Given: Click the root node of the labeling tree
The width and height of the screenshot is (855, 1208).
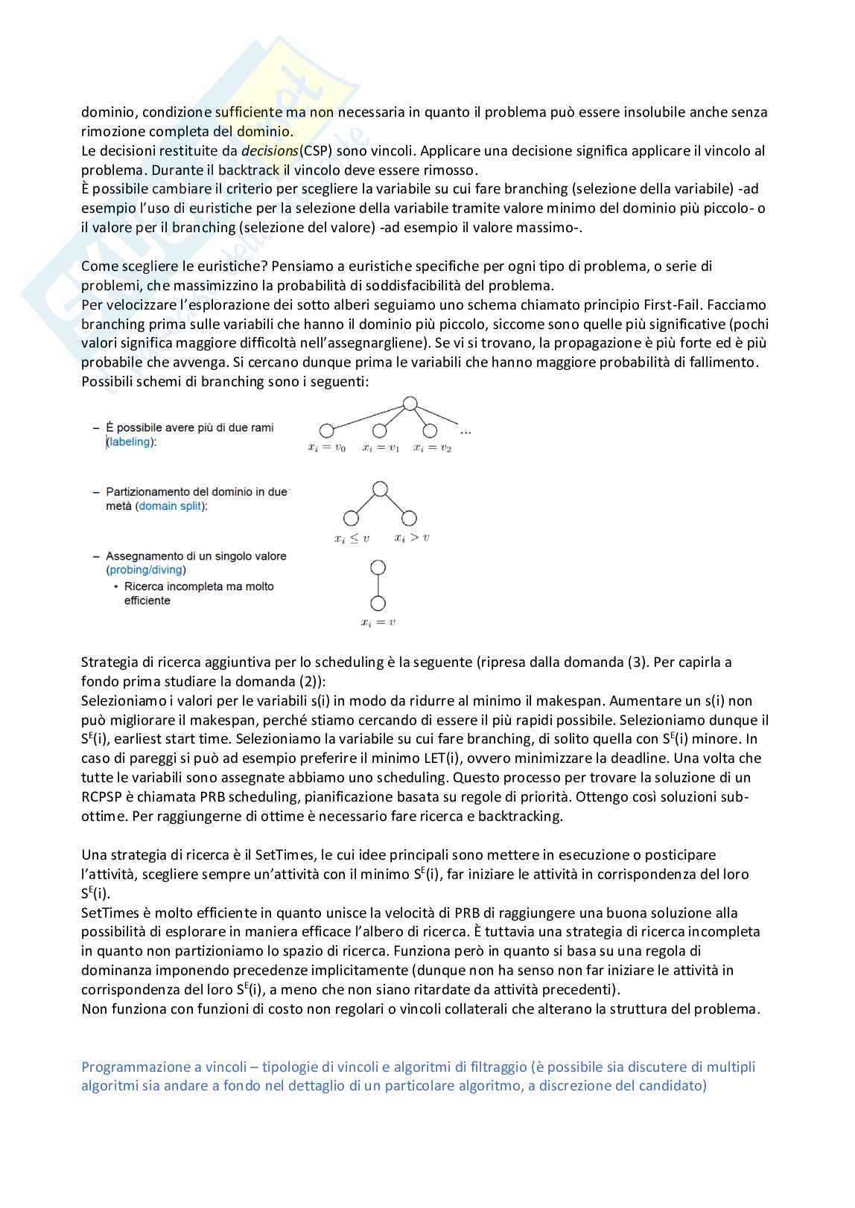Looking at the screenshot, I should [x=410, y=404].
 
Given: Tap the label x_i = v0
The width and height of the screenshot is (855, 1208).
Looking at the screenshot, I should [x=326, y=448].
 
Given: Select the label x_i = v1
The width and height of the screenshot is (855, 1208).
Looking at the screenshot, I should [x=381, y=448].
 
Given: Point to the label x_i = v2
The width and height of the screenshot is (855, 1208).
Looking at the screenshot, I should [x=433, y=448].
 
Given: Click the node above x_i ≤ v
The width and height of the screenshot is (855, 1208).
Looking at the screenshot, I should [x=351, y=518].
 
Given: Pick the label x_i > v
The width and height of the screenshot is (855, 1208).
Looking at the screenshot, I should [x=412, y=537].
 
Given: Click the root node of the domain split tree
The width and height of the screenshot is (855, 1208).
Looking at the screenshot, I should [x=380, y=489].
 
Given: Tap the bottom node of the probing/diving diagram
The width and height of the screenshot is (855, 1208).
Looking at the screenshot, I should [x=378, y=604].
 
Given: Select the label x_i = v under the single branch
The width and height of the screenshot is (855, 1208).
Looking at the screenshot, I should [x=378, y=622].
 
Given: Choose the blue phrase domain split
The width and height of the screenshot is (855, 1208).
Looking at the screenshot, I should [x=171, y=506].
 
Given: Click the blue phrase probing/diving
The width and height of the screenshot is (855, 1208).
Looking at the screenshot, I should [x=146, y=570].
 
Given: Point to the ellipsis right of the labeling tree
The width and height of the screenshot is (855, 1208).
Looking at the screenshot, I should [x=465, y=431].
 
